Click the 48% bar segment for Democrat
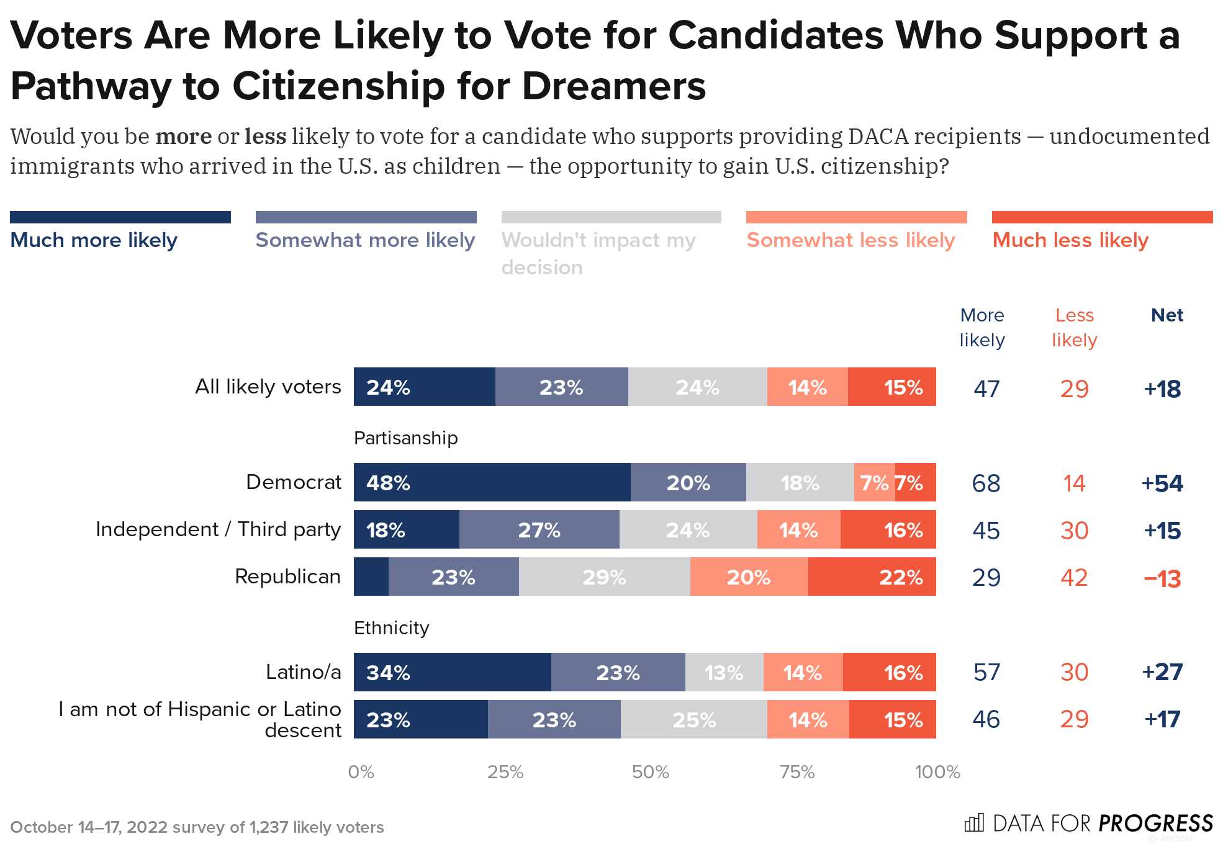pyautogui.click(x=492, y=482)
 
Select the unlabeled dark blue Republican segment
pyautogui.click(x=371, y=577)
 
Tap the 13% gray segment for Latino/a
pyautogui.click(x=724, y=672)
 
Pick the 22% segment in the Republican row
pyautogui.click(x=872, y=577)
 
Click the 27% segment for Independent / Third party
pyautogui.click(x=539, y=529)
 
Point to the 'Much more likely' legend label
pyautogui.click(x=94, y=240)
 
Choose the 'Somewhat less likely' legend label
pyautogui.click(x=851, y=240)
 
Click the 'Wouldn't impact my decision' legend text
pyautogui.click(x=598, y=253)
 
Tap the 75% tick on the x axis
pyautogui.click(x=797, y=772)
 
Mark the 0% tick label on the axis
pyautogui.click(x=361, y=772)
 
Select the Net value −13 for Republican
pyautogui.click(x=1162, y=578)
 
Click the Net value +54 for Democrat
pyautogui.click(x=1162, y=483)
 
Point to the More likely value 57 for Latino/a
pyautogui.click(x=986, y=672)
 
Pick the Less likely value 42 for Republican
pyautogui.click(x=1074, y=578)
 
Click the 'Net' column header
pyautogui.click(x=1167, y=315)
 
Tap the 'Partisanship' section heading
pyautogui.click(x=405, y=438)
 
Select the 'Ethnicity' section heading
pyautogui.click(x=391, y=628)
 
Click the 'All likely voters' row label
pyautogui.click(x=268, y=387)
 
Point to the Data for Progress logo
pyautogui.click(x=1088, y=824)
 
